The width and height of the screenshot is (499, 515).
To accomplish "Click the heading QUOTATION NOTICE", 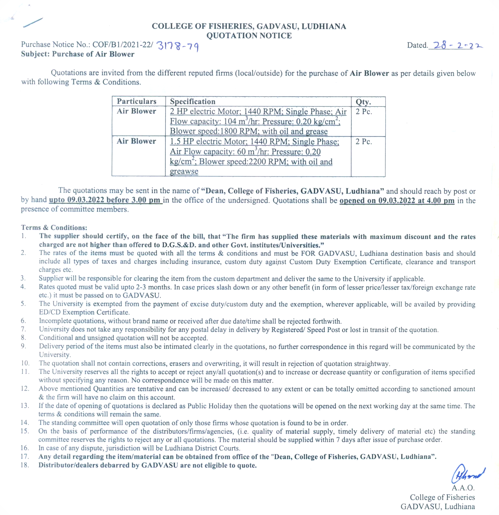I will coord(249,35).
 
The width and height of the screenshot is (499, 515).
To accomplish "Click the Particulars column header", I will coord(136,101).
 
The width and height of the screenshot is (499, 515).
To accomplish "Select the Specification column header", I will coord(193,101).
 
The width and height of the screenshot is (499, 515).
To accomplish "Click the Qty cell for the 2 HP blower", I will coord(364,112).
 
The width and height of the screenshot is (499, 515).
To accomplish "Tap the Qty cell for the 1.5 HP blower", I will coord(364,142).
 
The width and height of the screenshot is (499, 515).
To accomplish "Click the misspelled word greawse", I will coord(184,171).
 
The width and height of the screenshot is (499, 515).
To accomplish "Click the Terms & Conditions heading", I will coord(54,227).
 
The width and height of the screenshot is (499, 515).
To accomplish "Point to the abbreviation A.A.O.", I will coord(463,488).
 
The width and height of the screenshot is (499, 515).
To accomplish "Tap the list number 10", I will coord(25,363).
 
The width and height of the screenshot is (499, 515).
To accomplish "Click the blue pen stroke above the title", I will coord(33,22).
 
